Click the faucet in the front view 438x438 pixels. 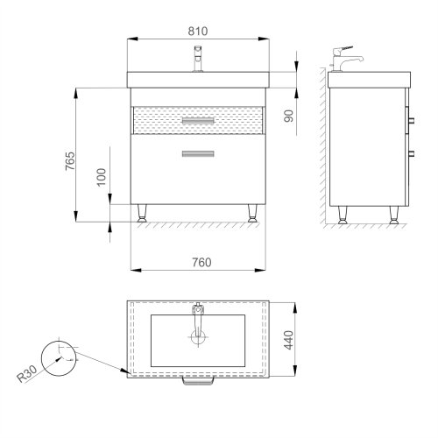coord(197,62)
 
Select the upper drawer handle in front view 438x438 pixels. coord(197,119)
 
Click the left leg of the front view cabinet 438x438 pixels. coord(142,213)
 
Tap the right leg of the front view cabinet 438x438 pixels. coord(253,213)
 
